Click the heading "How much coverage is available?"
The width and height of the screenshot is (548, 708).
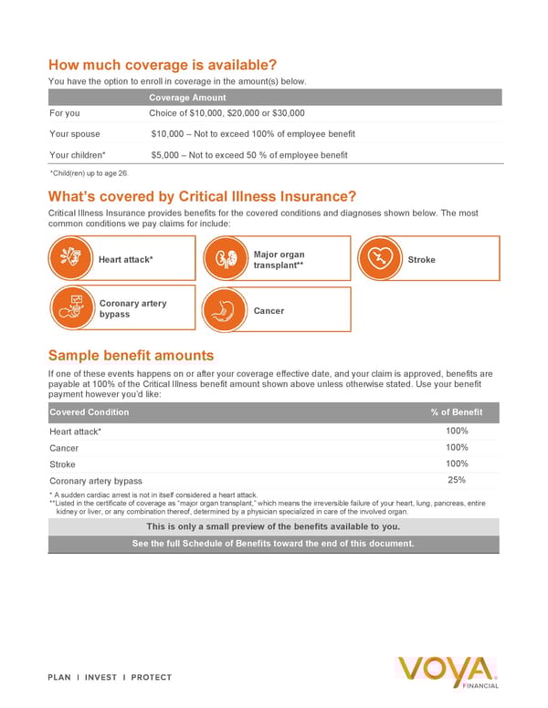(162, 65)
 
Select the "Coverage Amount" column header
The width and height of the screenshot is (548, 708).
(187, 98)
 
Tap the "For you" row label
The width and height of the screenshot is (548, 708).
(65, 114)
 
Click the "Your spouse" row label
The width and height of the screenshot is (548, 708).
(75, 134)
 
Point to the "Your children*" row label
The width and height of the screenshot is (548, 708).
(78, 155)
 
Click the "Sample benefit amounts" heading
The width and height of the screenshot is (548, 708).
(131, 355)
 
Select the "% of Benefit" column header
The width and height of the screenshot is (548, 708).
(456, 412)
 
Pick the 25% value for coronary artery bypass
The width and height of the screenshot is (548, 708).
(458, 480)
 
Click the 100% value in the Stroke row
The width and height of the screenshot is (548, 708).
(458, 463)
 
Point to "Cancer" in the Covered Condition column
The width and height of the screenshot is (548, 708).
(64, 448)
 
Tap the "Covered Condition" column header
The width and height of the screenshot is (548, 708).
(90, 412)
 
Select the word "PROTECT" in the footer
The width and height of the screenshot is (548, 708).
(152, 678)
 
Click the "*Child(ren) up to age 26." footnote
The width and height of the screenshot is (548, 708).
(89, 173)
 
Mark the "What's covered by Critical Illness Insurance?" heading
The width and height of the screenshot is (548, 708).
(202, 196)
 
